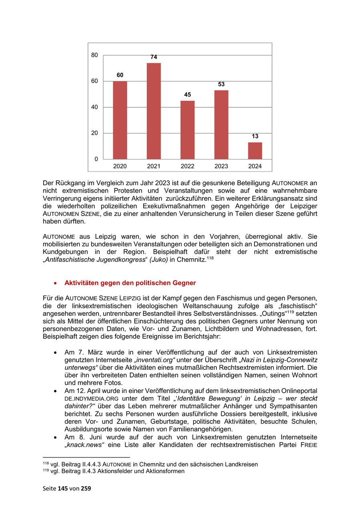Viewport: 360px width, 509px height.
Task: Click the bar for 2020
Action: (x=120, y=120)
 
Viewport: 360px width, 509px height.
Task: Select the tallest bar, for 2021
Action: (x=154, y=111)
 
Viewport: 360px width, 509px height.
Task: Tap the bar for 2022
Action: (x=188, y=130)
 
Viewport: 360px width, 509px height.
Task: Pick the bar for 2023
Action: (x=221, y=124)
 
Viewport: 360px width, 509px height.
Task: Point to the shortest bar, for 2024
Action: (x=255, y=150)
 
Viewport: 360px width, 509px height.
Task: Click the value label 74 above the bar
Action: (x=154, y=57)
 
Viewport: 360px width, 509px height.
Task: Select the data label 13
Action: (x=255, y=136)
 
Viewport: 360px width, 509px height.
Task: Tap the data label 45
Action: (x=188, y=95)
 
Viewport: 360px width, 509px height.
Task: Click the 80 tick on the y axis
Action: (x=94, y=55)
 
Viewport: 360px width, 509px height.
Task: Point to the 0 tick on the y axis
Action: (x=96, y=159)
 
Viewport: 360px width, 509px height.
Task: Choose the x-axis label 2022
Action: (x=188, y=166)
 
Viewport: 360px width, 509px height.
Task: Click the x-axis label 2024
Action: (x=255, y=166)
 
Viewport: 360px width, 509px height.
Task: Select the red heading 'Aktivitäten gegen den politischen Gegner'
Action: (x=130, y=283)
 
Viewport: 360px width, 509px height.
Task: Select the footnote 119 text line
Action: (x=114, y=471)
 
